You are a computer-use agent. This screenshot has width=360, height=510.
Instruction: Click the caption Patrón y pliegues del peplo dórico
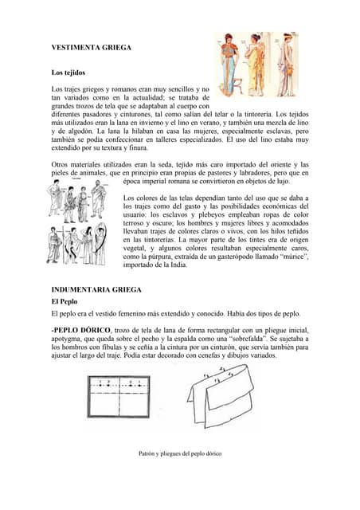pos(180,453)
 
